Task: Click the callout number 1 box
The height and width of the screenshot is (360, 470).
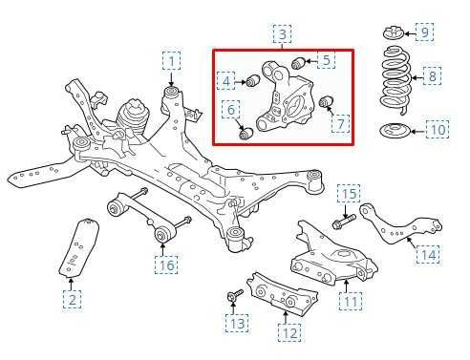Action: tap(172, 61)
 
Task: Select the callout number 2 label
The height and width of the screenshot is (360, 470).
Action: tap(72, 299)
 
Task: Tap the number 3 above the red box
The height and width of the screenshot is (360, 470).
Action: tap(283, 33)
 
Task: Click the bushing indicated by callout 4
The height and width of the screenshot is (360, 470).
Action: tap(254, 81)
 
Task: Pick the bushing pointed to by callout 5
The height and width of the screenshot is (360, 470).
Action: tap(299, 62)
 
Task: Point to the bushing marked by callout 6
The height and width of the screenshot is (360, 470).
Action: tap(246, 133)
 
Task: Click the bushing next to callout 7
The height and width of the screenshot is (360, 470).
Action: tap(326, 101)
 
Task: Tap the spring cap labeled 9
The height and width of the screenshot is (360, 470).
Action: tap(393, 33)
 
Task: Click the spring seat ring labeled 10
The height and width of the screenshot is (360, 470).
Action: tap(395, 131)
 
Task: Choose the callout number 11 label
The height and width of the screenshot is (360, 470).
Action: tap(352, 301)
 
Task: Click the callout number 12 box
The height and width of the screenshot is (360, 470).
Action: tap(289, 332)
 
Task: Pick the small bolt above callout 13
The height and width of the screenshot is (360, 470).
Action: tap(235, 295)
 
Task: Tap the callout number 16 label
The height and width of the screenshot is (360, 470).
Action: tap(166, 265)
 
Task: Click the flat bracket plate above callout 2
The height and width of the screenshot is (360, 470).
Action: tap(79, 247)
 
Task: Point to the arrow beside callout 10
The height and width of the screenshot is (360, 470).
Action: tap(418, 131)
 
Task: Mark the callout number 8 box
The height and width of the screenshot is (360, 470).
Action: tap(432, 75)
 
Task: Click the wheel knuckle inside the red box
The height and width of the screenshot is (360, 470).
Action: tap(284, 95)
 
